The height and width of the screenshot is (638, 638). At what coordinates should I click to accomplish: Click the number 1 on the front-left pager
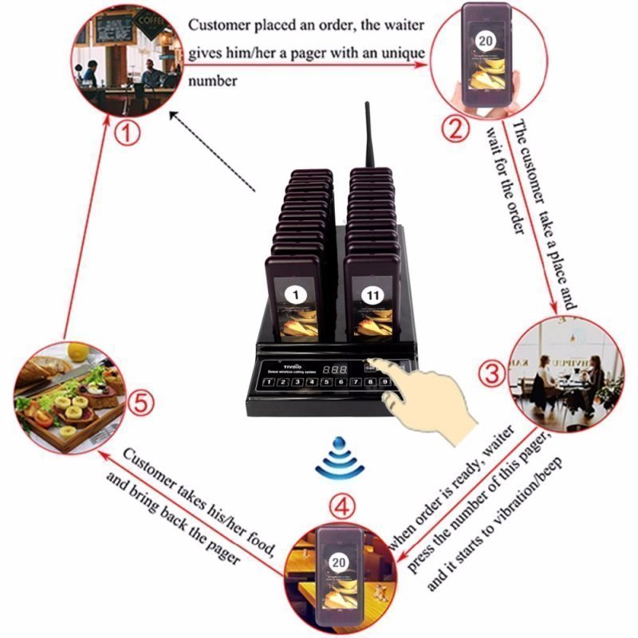(297, 296)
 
